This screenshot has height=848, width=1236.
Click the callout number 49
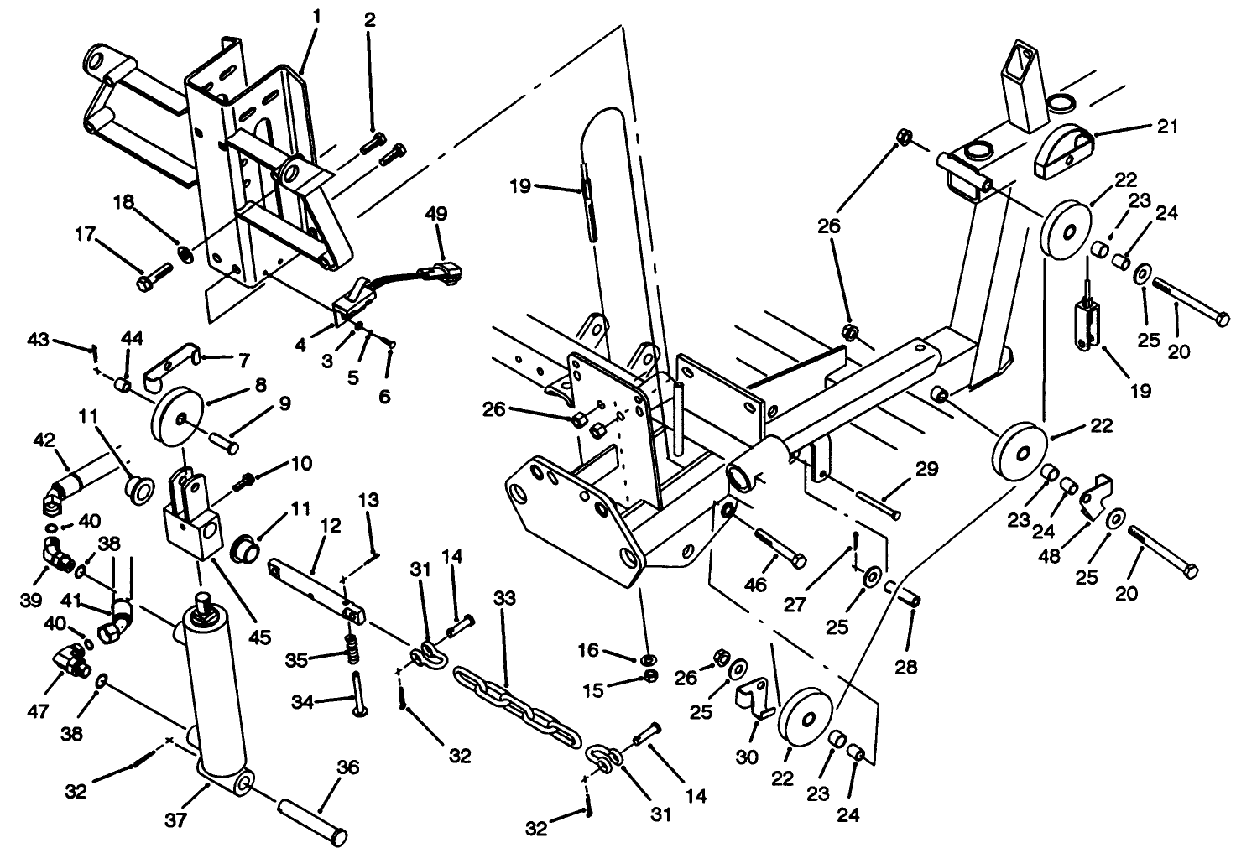(x=436, y=215)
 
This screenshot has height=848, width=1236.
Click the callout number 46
(x=756, y=585)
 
